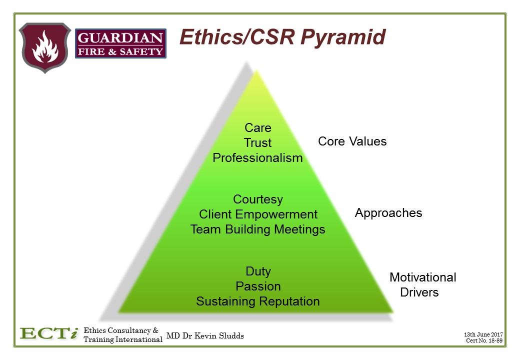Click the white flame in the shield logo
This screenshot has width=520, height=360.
pyautogui.click(x=45, y=46)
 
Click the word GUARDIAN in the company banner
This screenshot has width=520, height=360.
pyautogui.click(x=120, y=38)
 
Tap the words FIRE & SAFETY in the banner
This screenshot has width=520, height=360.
pyautogui.click(x=120, y=51)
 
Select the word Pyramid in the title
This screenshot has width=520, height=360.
pyautogui.click(x=343, y=37)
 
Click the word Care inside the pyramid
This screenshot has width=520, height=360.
pyautogui.click(x=258, y=127)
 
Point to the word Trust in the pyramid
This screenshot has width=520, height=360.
pyautogui.click(x=257, y=142)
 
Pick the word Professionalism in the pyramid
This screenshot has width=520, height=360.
pyautogui.click(x=257, y=158)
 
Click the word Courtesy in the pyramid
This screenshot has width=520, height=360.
pyautogui.click(x=258, y=199)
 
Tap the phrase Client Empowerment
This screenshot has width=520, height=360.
pyautogui.click(x=258, y=214)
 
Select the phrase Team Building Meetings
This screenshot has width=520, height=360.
pyautogui.click(x=257, y=229)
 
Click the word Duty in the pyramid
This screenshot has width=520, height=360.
pyautogui.click(x=258, y=271)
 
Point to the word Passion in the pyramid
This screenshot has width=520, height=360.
pyautogui.click(x=258, y=286)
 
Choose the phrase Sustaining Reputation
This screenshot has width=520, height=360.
pyautogui.click(x=257, y=301)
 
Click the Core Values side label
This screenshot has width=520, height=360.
pyautogui.click(x=352, y=141)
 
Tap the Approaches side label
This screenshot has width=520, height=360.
pyautogui.click(x=388, y=213)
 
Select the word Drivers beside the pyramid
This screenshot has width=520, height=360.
pyautogui.click(x=419, y=292)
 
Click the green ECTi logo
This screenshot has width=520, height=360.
pyautogui.click(x=49, y=333)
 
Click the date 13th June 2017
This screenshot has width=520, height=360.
pyautogui.click(x=483, y=335)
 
